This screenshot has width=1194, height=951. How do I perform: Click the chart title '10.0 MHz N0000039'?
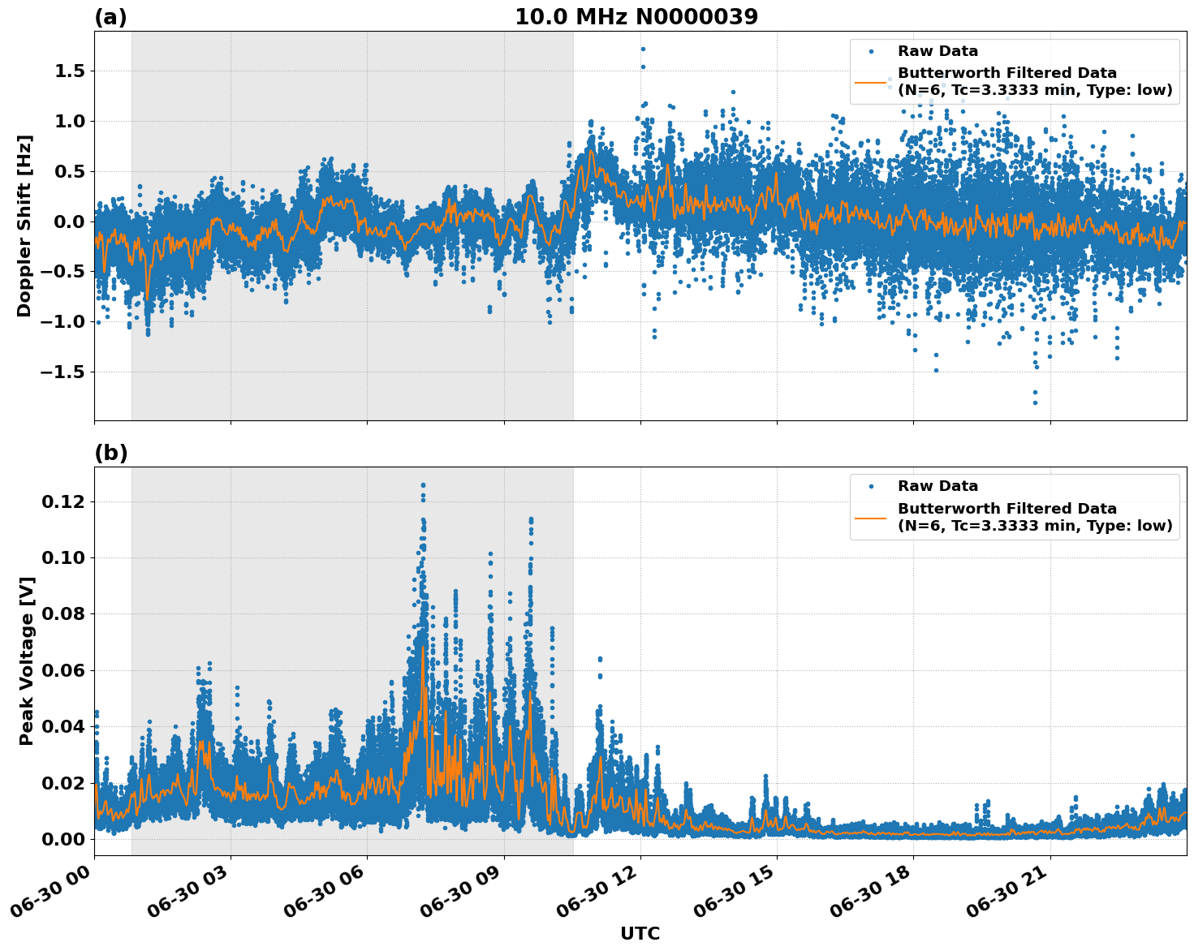tap(636, 17)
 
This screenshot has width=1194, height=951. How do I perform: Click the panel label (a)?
tap(110, 17)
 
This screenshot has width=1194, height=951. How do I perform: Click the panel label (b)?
tap(110, 453)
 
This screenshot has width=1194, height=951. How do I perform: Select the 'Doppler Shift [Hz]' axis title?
tap(24, 226)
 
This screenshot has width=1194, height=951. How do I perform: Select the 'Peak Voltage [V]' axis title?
tap(26, 661)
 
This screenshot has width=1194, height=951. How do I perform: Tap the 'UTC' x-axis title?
tap(640, 933)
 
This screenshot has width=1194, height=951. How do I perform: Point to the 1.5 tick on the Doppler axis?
tap(69, 71)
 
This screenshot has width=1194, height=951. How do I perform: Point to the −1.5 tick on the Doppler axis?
tap(64, 372)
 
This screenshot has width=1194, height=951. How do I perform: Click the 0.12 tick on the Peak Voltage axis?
tap(63, 502)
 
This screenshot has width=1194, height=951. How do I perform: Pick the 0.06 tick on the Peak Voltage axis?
tap(63, 670)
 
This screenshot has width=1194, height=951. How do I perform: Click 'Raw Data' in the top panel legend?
tap(938, 51)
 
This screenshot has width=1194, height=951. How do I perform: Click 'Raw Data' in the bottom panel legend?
tap(938, 486)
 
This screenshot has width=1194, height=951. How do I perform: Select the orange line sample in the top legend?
tap(871, 82)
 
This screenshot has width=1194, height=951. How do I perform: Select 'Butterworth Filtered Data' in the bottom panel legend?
tap(1006, 509)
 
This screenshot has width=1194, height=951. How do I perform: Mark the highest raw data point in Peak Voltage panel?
tap(423, 485)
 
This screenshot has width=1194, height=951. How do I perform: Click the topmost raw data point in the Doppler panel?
tap(643, 49)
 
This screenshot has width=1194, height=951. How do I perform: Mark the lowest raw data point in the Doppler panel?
tap(1035, 402)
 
